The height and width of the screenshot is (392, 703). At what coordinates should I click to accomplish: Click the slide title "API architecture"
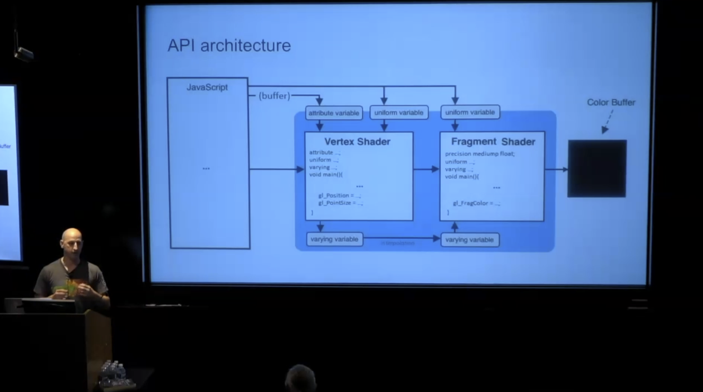[229, 46]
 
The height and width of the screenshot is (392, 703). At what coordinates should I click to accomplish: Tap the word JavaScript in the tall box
[207, 87]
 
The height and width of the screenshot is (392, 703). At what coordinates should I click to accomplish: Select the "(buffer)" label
[274, 96]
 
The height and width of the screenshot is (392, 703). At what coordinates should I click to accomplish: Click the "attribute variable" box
[334, 113]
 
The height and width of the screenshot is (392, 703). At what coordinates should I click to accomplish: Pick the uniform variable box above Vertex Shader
[399, 112]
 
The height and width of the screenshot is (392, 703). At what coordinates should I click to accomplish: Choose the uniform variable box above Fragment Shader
[470, 112]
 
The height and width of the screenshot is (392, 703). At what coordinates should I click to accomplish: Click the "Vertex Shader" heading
[357, 141]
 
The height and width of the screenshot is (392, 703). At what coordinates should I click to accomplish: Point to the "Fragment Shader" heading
[493, 141]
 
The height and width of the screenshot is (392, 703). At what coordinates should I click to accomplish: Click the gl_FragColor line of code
[476, 203]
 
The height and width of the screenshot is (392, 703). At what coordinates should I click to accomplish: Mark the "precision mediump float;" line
[480, 154]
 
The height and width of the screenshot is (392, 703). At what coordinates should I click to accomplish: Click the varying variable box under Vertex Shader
[334, 239]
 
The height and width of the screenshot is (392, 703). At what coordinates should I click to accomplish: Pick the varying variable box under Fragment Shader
[470, 240]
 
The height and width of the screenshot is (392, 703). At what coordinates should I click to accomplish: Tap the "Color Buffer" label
[611, 102]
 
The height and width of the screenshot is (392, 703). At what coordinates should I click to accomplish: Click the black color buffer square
[597, 168]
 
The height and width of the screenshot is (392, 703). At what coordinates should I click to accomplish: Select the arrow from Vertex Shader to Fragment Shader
[426, 169]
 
